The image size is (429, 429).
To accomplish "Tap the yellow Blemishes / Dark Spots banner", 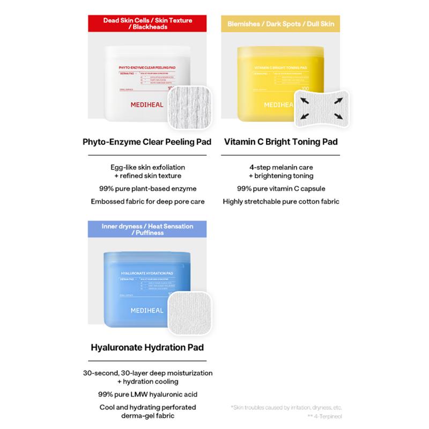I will click(280, 24).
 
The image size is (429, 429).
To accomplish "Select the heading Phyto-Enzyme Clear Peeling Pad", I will click(147, 142).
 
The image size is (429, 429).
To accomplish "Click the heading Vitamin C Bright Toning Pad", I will click(281, 142).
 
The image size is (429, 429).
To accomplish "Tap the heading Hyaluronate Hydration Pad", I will click(147, 347).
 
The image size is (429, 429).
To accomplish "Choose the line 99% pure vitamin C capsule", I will click(281, 188).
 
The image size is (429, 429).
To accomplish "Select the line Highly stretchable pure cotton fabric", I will click(281, 202).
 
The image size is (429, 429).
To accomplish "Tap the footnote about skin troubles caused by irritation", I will click(286, 407).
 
